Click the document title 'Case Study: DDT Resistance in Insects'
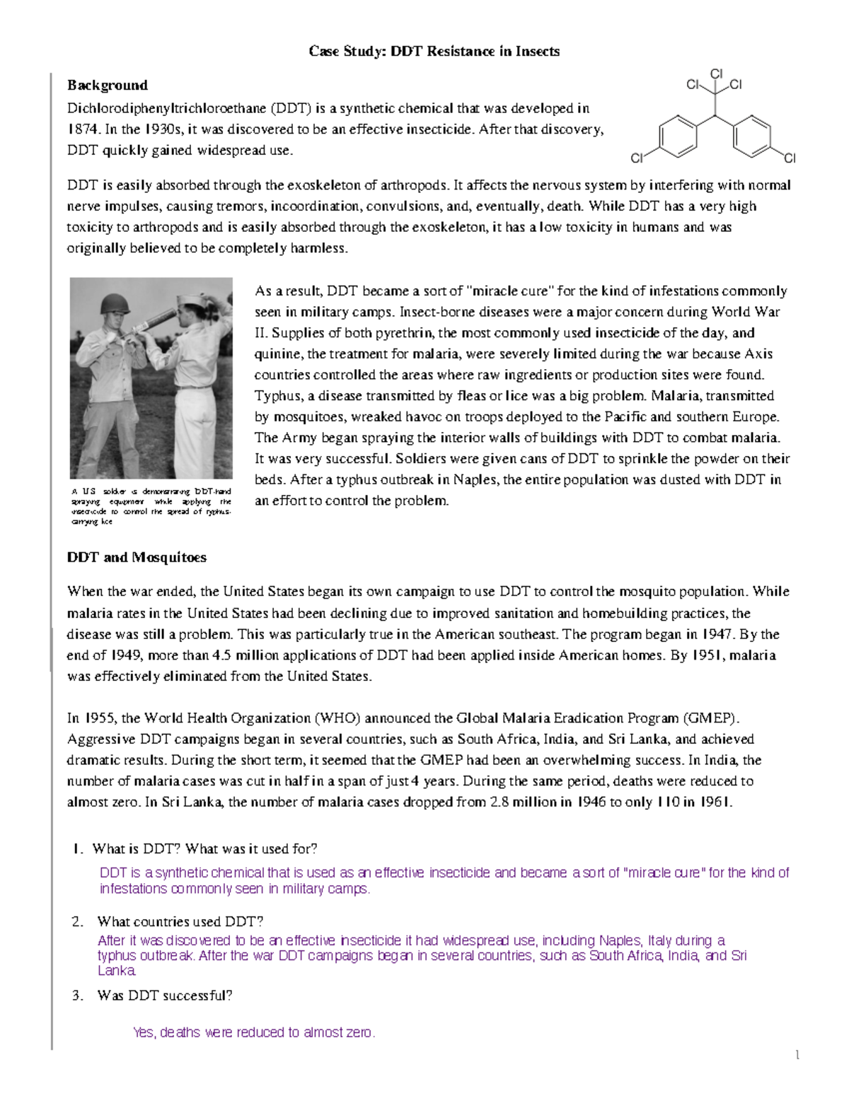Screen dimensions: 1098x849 point(434,52)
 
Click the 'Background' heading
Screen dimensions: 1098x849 point(108,86)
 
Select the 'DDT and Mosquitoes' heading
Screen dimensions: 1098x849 point(137,557)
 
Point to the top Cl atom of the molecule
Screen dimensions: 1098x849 point(716,74)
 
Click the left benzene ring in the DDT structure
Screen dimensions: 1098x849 point(677,136)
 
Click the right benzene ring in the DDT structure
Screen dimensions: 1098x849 point(752,136)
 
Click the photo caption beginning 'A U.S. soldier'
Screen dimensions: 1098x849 point(151,506)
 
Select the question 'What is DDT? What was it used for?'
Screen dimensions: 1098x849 point(204,848)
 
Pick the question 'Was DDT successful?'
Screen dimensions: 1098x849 point(165,995)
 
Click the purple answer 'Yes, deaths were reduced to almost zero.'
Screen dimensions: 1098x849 point(254,1032)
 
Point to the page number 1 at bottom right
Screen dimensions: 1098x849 point(797,1056)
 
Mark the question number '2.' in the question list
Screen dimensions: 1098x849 point(78,921)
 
